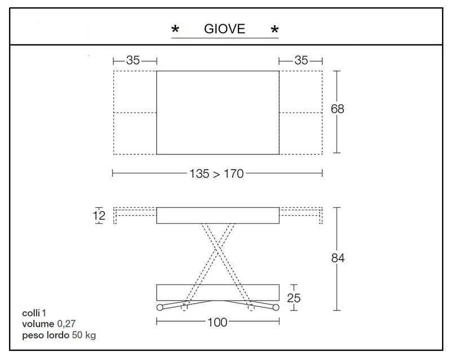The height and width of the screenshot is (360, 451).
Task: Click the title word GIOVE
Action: click(224, 29)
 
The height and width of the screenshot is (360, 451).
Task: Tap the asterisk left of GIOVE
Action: click(175, 29)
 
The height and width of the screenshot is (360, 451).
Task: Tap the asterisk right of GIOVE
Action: click(275, 29)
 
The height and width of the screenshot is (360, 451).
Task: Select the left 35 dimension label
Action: click(133, 60)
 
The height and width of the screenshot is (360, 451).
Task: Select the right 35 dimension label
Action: click(301, 60)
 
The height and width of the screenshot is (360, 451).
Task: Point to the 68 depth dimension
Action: click(337, 109)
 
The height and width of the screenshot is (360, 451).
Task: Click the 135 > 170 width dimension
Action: click(216, 174)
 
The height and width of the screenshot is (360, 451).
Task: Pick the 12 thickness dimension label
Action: click(99, 216)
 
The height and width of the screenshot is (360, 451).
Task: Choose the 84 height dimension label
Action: click(338, 258)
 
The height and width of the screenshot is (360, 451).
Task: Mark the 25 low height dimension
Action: click(294, 298)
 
